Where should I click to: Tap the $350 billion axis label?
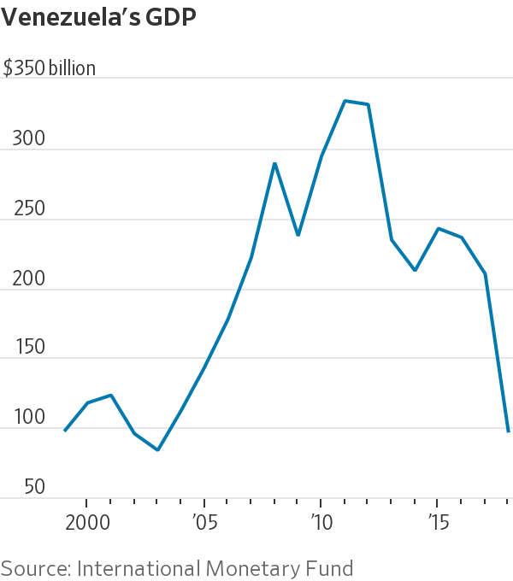pyautogui.click(x=50, y=69)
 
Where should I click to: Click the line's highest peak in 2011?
pyautogui.click(x=345, y=101)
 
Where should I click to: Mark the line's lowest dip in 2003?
pyautogui.click(x=158, y=449)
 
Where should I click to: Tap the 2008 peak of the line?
pyautogui.click(x=274, y=163)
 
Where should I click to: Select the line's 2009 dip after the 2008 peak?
pyautogui.click(x=298, y=235)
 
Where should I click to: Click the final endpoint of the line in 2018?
pyautogui.click(x=508, y=431)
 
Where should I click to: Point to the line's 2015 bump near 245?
pyautogui.click(x=438, y=228)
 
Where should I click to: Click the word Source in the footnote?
pyautogui.click(x=35, y=567)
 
